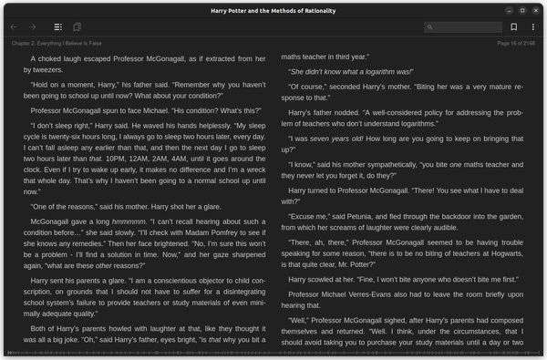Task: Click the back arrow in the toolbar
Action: click(14, 27)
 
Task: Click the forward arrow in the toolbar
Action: click(34, 27)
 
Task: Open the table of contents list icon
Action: click(58, 27)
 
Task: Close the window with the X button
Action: click(536, 9)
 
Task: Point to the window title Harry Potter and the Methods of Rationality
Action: click(273, 9)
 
